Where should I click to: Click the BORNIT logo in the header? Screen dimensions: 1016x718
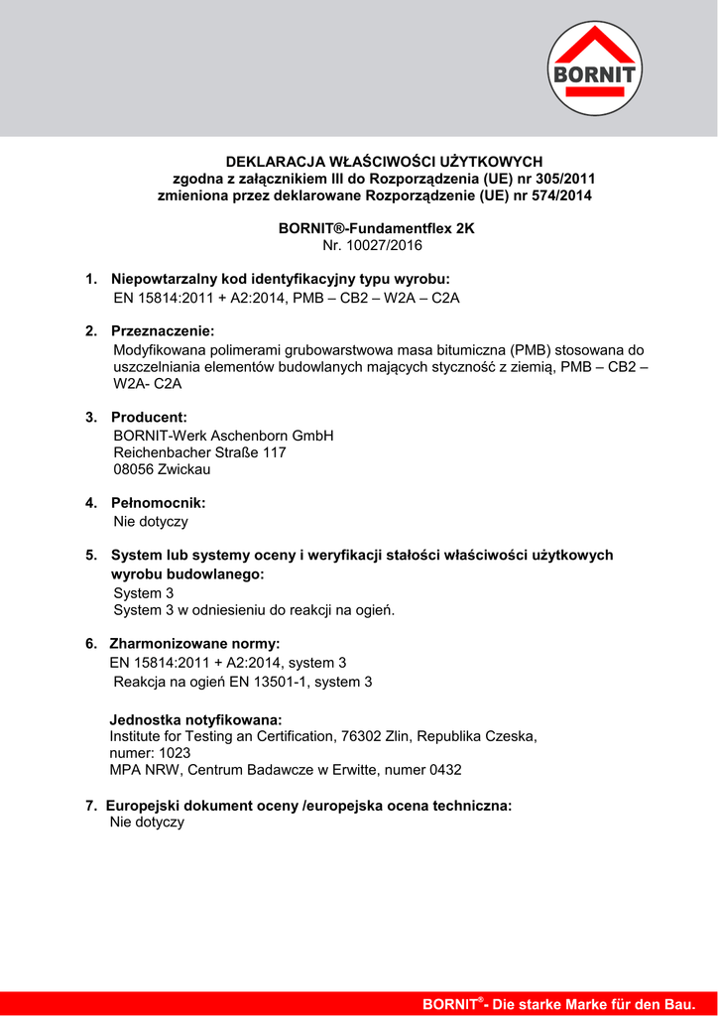[596, 68]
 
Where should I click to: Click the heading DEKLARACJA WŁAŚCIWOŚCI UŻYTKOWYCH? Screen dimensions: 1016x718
[384, 161]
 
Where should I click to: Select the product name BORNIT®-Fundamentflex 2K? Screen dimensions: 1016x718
[376, 228]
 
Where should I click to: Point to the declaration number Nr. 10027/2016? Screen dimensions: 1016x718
[373, 245]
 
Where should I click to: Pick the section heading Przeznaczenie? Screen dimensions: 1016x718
[163, 330]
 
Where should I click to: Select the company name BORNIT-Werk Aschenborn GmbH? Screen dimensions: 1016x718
[223, 436]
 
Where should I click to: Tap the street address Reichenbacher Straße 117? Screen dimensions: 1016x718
[199, 452]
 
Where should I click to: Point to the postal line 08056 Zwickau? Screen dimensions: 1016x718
[162, 469]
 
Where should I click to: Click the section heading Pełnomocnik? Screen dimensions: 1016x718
[158, 503]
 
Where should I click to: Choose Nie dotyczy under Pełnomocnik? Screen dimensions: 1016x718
[151, 521]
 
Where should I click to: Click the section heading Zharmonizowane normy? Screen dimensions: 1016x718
[194, 644]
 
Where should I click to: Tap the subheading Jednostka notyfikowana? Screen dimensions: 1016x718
[195, 719]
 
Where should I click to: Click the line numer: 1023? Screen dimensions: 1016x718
[150, 753]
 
